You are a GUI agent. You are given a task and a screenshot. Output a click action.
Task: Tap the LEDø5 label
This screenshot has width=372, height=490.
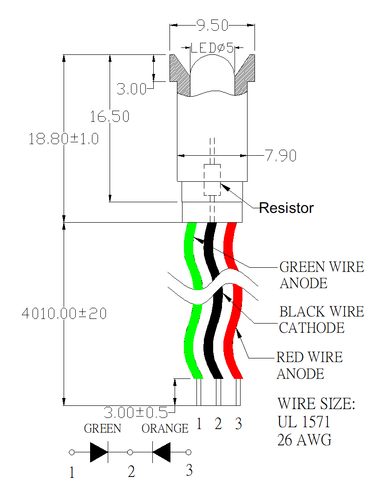pyautogui.click(x=212, y=47)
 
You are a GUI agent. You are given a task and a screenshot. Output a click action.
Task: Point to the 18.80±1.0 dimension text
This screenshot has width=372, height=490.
pyautogui.click(x=64, y=139)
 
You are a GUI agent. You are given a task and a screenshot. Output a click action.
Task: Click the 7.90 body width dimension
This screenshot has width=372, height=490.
pyautogui.click(x=281, y=156)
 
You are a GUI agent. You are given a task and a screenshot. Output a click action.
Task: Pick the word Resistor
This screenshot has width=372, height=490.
pyautogui.click(x=286, y=208)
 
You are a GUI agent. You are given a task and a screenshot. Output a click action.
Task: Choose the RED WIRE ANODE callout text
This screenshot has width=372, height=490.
pyautogui.click(x=310, y=365)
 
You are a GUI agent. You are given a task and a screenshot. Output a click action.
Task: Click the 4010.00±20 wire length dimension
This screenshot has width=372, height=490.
pyautogui.click(x=64, y=313)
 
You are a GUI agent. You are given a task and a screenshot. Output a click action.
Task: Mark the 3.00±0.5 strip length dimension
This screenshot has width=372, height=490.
pyautogui.click(x=135, y=412)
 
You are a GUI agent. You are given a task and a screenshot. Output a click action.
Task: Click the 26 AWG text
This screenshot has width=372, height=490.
pyautogui.click(x=305, y=439)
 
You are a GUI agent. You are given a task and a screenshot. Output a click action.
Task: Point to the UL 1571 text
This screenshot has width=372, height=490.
pyautogui.click(x=304, y=422)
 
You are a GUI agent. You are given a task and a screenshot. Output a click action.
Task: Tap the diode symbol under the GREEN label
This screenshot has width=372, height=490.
pyautogui.click(x=99, y=452)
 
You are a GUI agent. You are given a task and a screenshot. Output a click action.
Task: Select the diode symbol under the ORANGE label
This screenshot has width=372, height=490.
pyautogui.click(x=161, y=452)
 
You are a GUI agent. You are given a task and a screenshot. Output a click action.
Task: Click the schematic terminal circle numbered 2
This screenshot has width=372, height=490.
pyautogui.click(x=131, y=452)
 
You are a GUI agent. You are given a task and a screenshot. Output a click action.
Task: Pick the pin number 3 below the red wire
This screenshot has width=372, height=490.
pyautogui.click(x=238, y=424)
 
